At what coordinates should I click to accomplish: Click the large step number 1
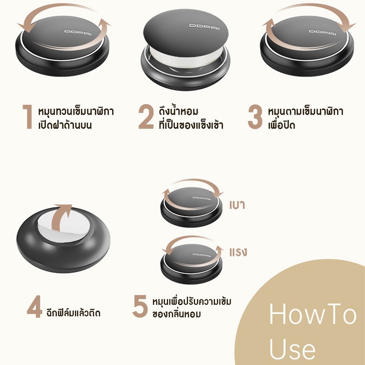coord(28,117)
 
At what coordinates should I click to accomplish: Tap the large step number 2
coord(146,117)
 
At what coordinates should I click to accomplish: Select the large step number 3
coord(255,117)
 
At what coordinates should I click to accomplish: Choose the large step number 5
coord(140,306)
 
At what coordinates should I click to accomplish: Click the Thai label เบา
coord(237,205)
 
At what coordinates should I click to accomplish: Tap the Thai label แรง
coord(238,252)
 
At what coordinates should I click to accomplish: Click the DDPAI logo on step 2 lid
coord(204,27)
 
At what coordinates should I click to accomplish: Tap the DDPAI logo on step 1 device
coord(78,32)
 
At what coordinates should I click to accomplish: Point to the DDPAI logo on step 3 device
coord(322,32)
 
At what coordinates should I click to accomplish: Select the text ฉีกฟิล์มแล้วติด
coord(73,312)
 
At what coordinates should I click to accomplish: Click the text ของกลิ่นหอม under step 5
coord(176,314)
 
